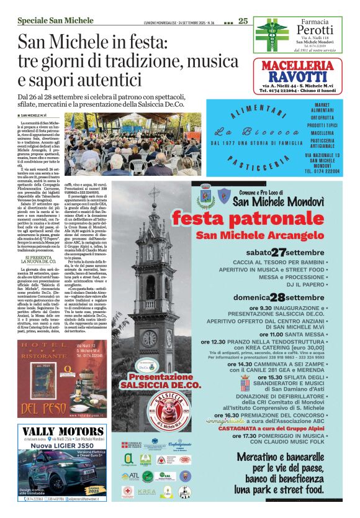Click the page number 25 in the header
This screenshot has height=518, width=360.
243,21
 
